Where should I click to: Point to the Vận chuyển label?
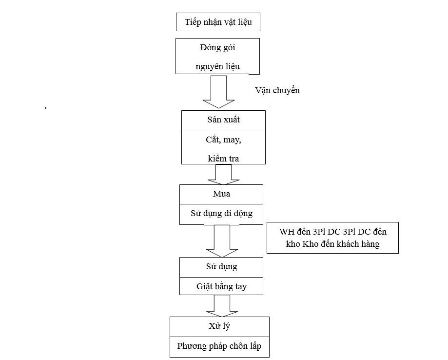coord(277,90)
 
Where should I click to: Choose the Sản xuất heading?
coord(223,120)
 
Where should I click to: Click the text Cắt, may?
coord(223,140)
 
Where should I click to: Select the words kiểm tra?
coord(223,159)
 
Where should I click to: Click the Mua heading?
coord(221,194)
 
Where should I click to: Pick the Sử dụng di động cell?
coord(221,214)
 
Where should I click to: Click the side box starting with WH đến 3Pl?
coord(332,238)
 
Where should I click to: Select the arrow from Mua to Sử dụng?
coord(218,241)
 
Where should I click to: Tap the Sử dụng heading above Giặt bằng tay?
coord(221,267)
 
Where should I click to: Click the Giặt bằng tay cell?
coord(221,286)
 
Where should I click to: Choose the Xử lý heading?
coord(219,326)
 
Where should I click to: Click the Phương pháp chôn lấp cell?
coord(219,346)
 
